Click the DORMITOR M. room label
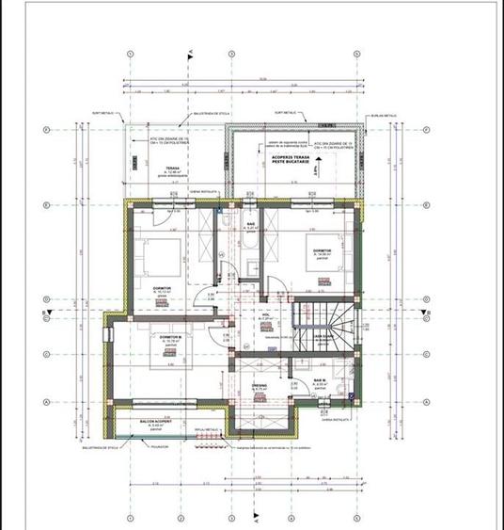pos(169,337)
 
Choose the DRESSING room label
pos(259,385)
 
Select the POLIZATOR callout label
pos(159,446)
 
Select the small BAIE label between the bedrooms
pos(251,223)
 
